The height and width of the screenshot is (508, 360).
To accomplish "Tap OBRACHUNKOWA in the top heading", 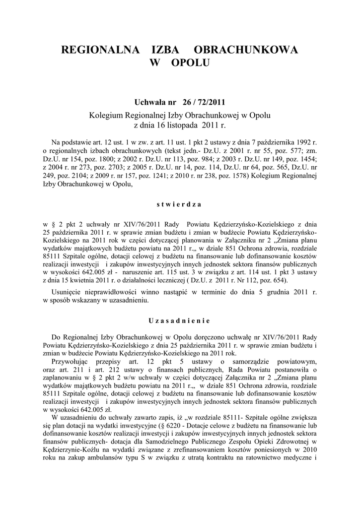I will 245,51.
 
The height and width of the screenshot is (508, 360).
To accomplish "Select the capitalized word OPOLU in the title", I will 190,63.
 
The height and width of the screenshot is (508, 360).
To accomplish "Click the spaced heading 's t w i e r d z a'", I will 180,203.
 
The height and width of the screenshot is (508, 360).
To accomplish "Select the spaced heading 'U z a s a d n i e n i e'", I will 180,320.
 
